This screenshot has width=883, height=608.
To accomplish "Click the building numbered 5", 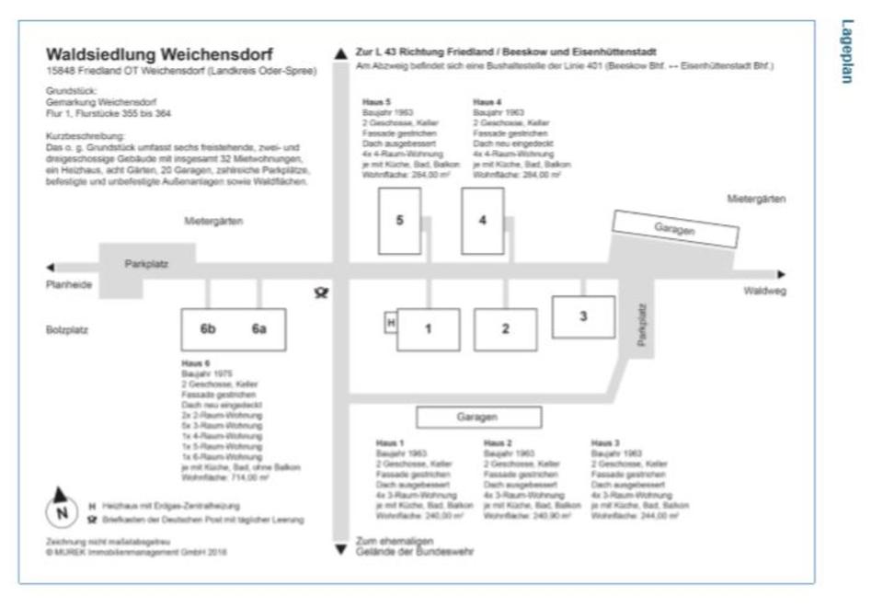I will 399,220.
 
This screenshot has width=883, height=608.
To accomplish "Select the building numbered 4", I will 482,220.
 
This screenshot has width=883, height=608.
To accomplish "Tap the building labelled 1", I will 428,328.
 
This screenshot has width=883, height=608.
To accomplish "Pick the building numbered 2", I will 505,328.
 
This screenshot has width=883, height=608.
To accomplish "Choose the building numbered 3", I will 582,316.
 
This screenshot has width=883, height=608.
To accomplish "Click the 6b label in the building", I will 208,329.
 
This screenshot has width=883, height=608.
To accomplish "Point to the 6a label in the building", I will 259,329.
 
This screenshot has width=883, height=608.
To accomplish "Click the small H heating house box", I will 390,323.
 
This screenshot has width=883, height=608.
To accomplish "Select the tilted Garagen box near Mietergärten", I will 676,229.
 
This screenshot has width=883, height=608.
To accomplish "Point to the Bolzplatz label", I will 65,329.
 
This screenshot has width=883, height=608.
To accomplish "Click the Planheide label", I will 69,286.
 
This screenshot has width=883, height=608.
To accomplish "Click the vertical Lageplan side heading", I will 846,52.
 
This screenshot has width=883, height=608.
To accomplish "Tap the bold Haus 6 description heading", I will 196,363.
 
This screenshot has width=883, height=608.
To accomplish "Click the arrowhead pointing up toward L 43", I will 341,53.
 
